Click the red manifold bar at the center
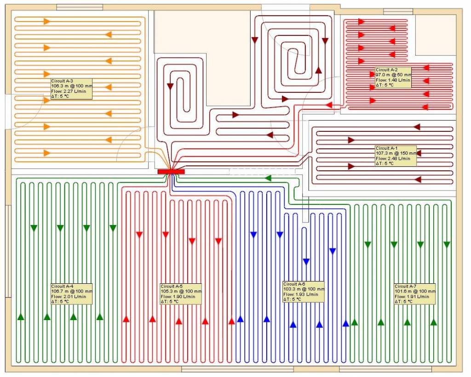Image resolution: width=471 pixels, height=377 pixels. [171, 172]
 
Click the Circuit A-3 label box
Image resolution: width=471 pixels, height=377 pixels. [71, 89]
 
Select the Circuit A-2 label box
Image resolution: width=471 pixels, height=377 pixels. [393, 78]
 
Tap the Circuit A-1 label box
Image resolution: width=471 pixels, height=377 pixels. [396, 156]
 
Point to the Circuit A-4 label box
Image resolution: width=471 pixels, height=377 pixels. [71, 294]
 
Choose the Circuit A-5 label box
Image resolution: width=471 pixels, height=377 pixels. [181, 294]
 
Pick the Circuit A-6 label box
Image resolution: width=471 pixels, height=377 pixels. [304, 292]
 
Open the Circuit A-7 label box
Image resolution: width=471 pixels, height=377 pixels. [415, 294]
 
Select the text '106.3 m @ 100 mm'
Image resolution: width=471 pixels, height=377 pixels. [72, 86]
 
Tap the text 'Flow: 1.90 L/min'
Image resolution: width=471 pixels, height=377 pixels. [178, 297]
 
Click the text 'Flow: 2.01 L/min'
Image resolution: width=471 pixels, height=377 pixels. [69, 297]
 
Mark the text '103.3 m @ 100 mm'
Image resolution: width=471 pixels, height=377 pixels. [304, 289]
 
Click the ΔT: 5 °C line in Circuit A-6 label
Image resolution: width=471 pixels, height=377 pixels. [292, 299]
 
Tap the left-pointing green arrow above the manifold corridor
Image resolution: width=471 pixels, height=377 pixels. [268, 178]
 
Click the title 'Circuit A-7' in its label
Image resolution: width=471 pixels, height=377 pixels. [406, 286]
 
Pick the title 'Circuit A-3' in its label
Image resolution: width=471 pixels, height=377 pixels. [62, 81]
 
